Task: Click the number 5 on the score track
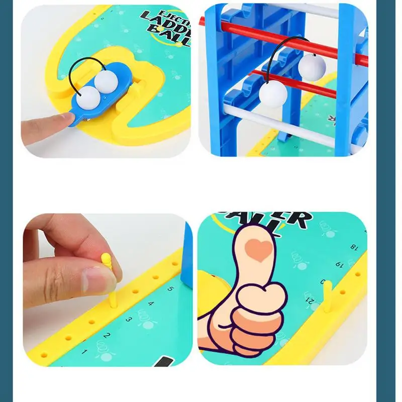(170, 289)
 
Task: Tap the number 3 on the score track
(129, 319)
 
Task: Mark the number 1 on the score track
(84, 352)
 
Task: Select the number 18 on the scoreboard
(354, 247)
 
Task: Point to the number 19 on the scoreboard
(339, 263)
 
